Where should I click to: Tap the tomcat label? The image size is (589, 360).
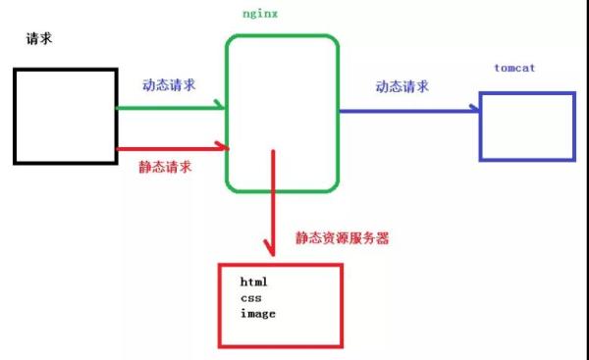(515, 70)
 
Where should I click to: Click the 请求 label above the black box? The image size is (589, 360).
(40, 40)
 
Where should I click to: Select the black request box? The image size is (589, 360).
(65, 115)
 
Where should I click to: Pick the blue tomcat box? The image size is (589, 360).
(526, 125)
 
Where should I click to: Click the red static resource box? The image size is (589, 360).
(281, 304)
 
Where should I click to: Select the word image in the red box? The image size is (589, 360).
(257, 313)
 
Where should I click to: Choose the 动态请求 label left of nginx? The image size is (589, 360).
(169, 84)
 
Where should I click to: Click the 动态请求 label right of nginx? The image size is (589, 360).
(402, 86)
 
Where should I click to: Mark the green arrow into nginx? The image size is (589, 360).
(172, 107)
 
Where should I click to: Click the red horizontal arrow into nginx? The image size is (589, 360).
(172, 148)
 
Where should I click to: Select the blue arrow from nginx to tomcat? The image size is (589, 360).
(407, 111)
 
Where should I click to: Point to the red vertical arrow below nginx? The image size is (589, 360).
(271, 201)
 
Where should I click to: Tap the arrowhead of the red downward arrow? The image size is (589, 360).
(271, 246)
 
